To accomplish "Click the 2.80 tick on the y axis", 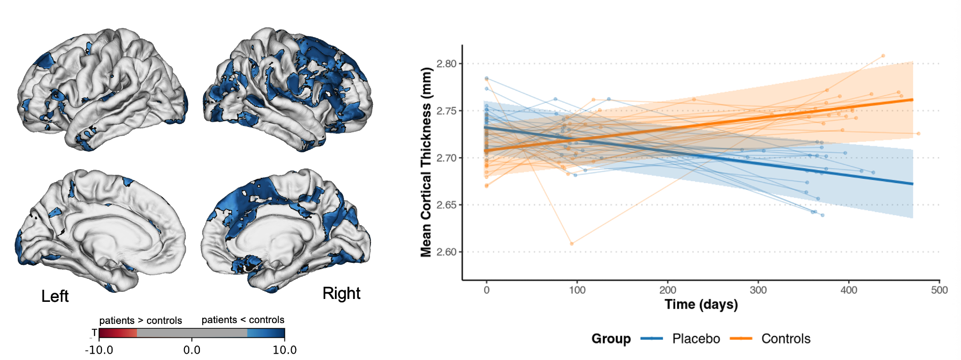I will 446,64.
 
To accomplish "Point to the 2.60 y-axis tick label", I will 446,252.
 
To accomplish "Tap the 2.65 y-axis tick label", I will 446,205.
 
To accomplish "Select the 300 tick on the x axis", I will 758,290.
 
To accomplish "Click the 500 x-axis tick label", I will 939,290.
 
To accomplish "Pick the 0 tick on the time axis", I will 487,290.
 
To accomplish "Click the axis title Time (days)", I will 701,305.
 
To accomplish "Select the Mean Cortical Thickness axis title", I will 426,162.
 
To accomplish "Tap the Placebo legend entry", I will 695,339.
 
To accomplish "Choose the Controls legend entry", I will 786,339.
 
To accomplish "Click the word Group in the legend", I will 611,339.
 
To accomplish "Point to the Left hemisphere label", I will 55,296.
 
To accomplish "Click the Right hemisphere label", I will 341,293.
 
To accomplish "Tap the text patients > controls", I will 140,321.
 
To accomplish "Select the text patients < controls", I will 243,320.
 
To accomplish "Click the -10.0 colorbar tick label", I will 99,350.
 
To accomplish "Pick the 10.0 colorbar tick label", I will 284,350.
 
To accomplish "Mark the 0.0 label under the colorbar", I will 192,350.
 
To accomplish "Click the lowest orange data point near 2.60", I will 571,244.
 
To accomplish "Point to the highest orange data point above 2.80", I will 883,56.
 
